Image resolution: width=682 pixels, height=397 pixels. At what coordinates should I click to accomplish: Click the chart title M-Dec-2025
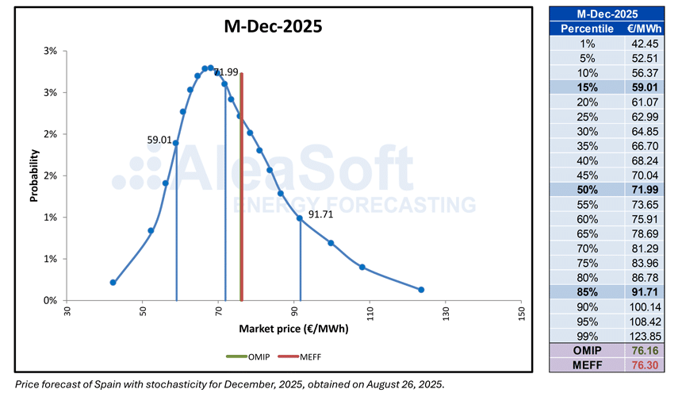[x=271, y=26]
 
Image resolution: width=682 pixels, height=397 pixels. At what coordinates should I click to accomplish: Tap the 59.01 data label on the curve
[x=159, y=140]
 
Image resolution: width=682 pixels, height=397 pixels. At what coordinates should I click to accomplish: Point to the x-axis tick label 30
[x=68, y=310]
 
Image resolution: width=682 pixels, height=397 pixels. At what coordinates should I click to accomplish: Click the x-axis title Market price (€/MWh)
[x=293, y=328]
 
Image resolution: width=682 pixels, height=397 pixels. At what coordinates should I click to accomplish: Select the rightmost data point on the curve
[x=421, y=290]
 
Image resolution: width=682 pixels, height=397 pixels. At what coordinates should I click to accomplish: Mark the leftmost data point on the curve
[x=113, y=283]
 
